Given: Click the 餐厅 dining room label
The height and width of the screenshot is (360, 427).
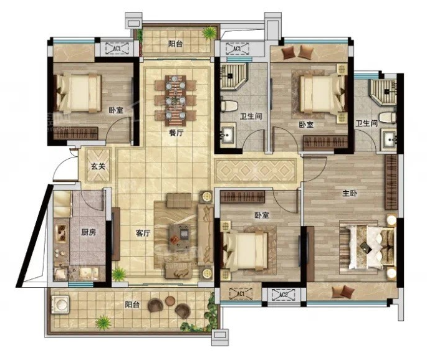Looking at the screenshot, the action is coord(176,133).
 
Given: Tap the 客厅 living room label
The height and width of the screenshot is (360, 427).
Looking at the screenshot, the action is coord(143,233).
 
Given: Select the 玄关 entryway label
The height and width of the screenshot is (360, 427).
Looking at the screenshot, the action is coord(98,166).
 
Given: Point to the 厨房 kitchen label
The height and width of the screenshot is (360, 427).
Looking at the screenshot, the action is coord(89,232).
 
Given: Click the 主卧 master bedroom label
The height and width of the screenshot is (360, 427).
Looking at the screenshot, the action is coord(350,194).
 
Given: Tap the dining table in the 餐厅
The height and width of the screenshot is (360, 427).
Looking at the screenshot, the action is coord(176,101).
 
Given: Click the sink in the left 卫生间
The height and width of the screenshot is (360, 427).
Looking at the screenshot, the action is coord(227,135).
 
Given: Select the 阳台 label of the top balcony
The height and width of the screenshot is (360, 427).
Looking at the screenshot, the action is coord(175,44).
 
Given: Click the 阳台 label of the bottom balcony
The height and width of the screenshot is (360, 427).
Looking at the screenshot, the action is coord(132,304).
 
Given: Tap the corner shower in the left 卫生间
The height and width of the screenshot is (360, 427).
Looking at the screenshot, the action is coord(234,77).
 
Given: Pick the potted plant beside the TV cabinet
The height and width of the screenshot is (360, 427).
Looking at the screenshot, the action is coord(119,274).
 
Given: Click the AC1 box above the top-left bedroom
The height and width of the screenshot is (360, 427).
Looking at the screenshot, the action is coord(117,49).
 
